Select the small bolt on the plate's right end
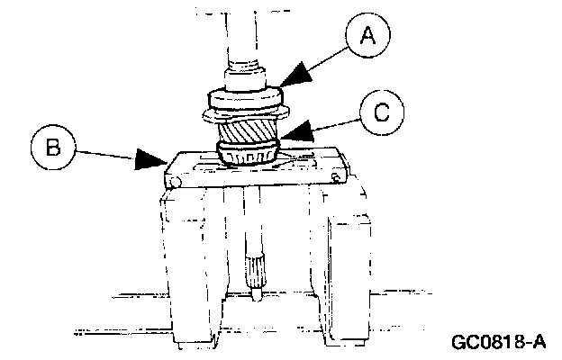336,178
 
